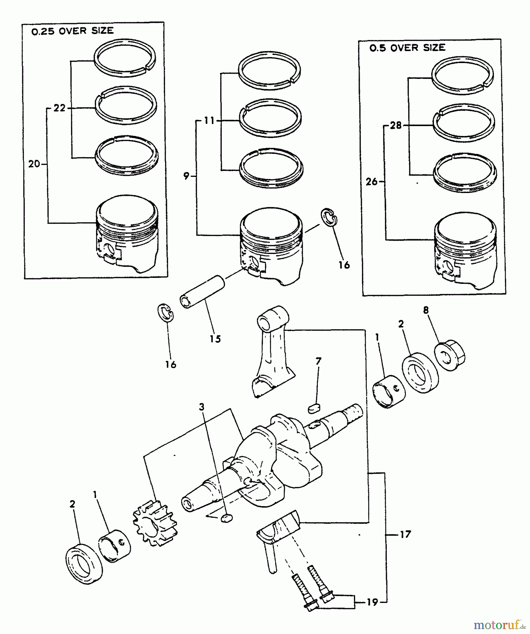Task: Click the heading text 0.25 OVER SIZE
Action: click(72, 31)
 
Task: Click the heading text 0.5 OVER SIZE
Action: click(407, 48)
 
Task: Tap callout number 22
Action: click(59, 108)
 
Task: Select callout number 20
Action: click(34, 164)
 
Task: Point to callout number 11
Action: click(209, 121)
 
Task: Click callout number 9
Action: click(187, 176)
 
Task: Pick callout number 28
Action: click(396, 125)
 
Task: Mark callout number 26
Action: click(372, 182)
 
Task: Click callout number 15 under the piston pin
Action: click(215, 339)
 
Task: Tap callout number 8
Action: click(426, 310)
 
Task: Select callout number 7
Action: click(318, 361)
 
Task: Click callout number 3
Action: click(202, 407)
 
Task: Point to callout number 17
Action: click(405, 534)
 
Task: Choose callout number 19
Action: click(372, 602)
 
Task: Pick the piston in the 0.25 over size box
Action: click(127, 234)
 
